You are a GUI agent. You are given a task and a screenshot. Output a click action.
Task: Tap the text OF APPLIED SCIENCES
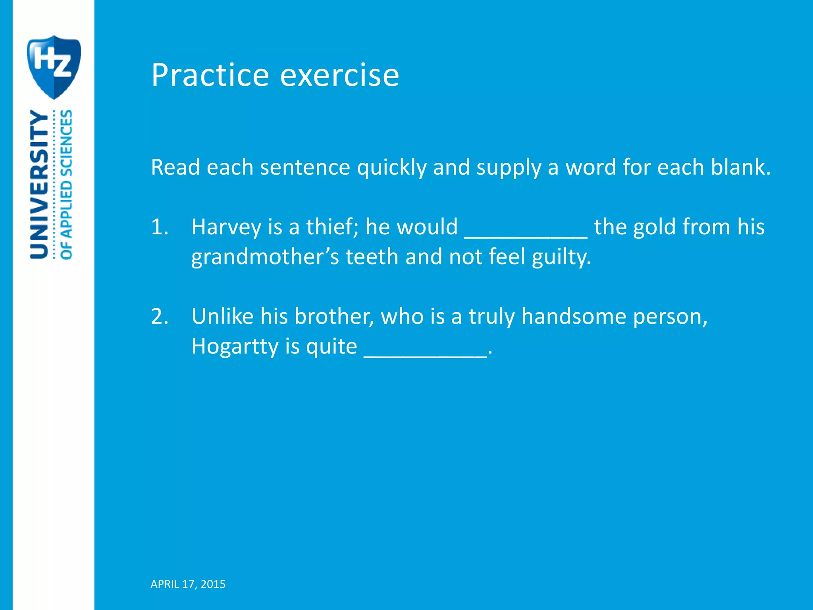(x=66, y=185)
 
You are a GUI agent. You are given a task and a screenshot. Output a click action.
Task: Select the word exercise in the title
(x=339, y=75)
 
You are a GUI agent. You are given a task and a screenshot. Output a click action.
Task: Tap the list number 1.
(x=160, y=227)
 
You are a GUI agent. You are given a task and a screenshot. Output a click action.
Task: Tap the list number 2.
(x=160, y=317)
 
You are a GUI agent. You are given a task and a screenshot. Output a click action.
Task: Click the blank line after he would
(x=526, y=234)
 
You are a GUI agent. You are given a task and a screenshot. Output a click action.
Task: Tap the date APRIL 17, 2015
(x=188, y=584)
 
